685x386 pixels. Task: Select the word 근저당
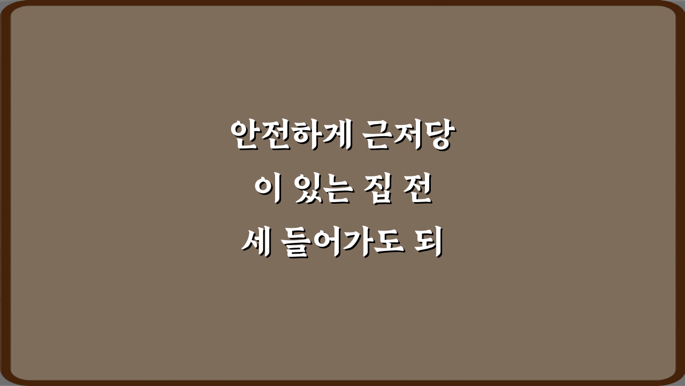coord(406,136)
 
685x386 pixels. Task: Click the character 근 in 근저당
coord(377,136)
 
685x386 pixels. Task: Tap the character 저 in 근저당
coord(407,136)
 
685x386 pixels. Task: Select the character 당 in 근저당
coord(436,136)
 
